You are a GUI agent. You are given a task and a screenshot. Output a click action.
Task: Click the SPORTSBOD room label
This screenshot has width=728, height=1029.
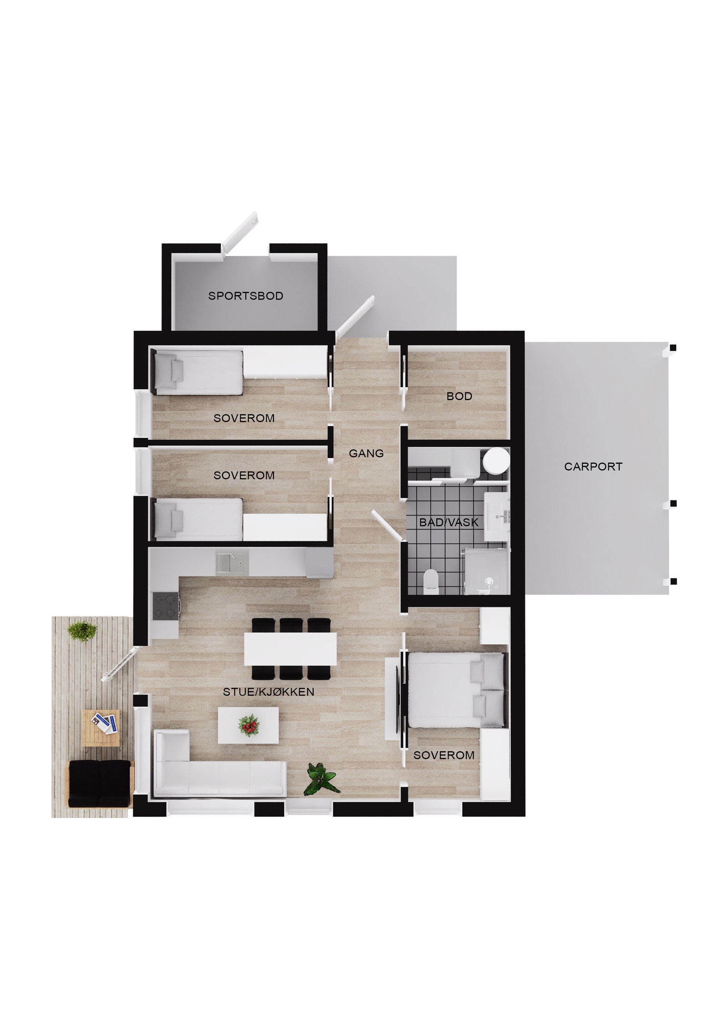pos(245,296)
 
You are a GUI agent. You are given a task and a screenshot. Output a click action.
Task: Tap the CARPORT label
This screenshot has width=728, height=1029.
pos(593,467)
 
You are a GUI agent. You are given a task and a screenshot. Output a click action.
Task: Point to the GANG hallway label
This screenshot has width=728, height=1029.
pos(366,453)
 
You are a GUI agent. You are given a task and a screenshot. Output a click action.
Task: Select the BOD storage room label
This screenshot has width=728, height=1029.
pos(459,396)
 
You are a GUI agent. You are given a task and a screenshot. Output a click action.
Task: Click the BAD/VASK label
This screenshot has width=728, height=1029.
pos(449,522)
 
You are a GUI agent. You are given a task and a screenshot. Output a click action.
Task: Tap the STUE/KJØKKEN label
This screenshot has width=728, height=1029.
pos(268,692)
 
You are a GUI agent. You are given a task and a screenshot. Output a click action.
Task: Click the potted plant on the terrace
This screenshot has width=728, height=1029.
pos(82,631)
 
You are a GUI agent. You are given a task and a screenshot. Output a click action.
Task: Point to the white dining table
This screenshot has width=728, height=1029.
pos(290,649)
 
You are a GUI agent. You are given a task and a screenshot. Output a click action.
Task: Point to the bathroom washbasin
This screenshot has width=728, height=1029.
pos(497,516)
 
